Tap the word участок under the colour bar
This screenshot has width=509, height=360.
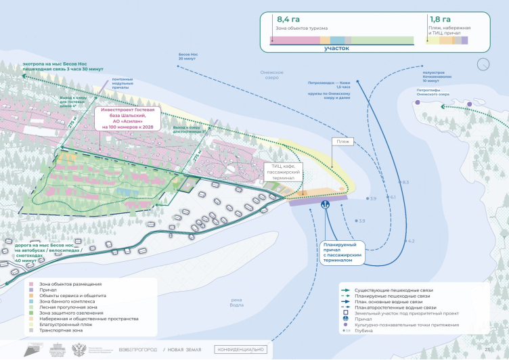(336, 48)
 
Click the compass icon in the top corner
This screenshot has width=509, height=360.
(483, 64)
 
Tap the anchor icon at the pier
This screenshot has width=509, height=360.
(324, 203)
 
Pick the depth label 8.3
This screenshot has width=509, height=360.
(405, 182)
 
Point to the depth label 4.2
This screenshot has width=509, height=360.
(411, 241)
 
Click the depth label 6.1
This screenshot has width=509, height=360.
(393, 197)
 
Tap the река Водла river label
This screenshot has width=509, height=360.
(236, 302)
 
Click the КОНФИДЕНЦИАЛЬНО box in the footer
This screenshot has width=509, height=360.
(241, 349)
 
